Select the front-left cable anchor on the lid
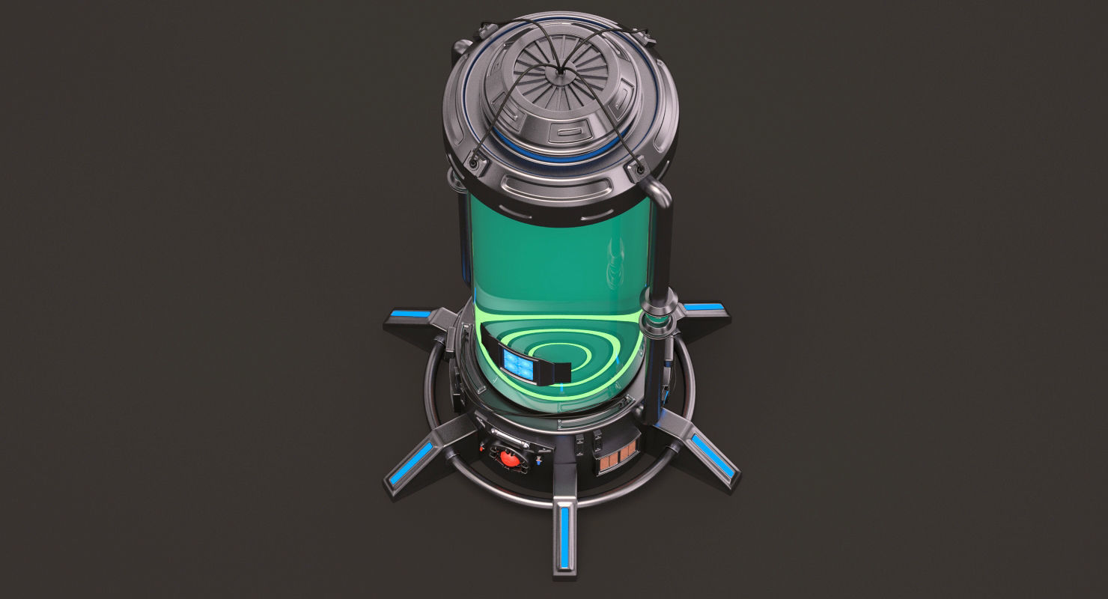click(475, 159)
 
